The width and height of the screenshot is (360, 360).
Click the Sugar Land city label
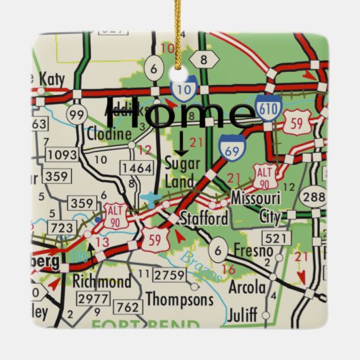point(180,172)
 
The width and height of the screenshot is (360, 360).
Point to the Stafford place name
point(204,219)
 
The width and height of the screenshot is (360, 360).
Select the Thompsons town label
point(179,299)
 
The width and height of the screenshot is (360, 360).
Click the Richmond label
point(102,281)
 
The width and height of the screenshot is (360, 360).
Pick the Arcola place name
point(247,287)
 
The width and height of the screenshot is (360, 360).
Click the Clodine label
point(109,134)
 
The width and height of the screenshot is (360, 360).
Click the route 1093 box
point(63,155)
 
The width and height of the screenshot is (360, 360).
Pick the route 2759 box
point(170,274)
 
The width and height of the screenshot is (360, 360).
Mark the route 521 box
point(276,237)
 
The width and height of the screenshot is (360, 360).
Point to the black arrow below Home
point(181,143)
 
